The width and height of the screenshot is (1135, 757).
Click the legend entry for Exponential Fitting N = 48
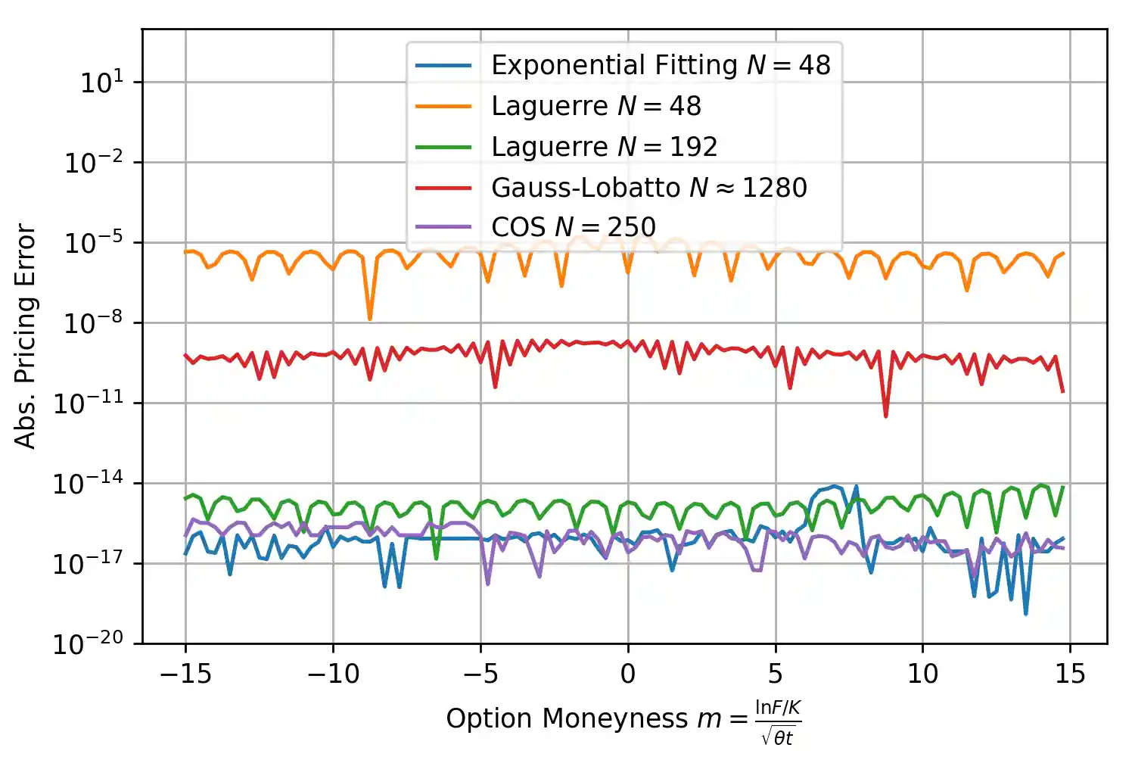pyautogui.click(x=661, y=65)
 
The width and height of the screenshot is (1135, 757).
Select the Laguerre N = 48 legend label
pyautogui.click(x=595, y=106)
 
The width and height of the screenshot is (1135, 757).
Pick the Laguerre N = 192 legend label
pyautogui.click(x=604, y=146)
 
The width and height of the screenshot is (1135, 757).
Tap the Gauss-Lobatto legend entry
pyautogui.click(x=648, y=187)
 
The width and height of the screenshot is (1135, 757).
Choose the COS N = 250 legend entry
pyautogui.click(x=573, y=227)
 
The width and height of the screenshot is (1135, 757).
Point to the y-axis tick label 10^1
pyautogui.click(x=101, y=82)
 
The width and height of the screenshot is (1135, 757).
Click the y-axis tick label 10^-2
pyautogui.click(x=94, y=162)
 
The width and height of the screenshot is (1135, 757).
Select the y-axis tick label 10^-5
pyautogui.click(x=94, y=243)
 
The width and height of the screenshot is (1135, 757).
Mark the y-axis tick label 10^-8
pyautogui.click(x=94, y=323)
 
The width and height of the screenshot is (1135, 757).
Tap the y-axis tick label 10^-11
pyautogui.click(x=89, y=403)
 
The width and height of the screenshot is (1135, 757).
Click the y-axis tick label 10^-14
pyautogui.click(x=89, y=484)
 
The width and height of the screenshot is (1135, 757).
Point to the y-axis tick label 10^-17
pyautogui.click(x=89, y=564)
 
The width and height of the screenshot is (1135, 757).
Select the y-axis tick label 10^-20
pyautogui.click(x=89, y=644)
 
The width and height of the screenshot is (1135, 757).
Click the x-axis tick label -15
pyautogui.click(x=185, y=673)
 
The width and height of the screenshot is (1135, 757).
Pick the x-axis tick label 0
pyautogui.click(x=627, y=673)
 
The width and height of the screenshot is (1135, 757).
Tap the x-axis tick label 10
pyautogui.click(x=922, y=673)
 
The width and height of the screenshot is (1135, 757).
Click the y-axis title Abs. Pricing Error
pyautogui.click(x=26, y=336)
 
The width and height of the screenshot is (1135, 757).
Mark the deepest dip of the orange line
pyautogui.click(x=370, y=319)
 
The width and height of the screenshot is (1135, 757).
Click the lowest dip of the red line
pyautogui.click(x=885, y=416)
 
